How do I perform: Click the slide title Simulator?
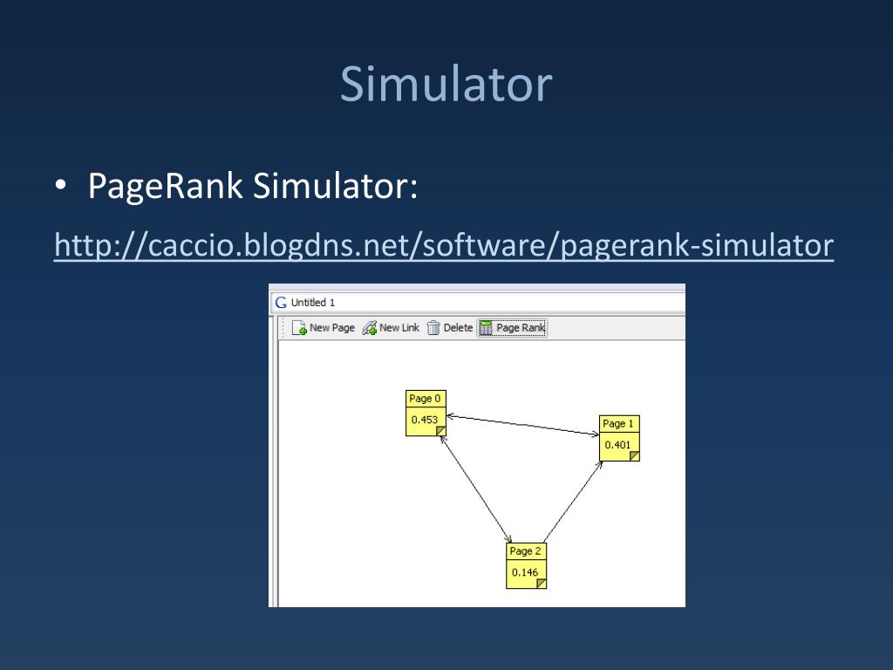(446, 85)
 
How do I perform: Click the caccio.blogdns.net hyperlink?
(444, 245)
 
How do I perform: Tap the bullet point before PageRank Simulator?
(61, 188)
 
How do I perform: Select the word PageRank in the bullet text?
(165, 188)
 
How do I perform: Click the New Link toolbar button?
(391, 328)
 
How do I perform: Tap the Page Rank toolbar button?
(512, 328)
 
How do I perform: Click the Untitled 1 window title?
(312, 303)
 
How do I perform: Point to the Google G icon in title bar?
(281, 303)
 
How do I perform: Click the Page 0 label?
(426, 399)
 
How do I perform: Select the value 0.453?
(425, 420)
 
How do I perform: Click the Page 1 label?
(618, 424)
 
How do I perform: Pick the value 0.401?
(617, 445)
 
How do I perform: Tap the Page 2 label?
(526, 551)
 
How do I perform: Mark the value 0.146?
(525, 573)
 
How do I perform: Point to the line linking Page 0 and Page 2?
(477, 489)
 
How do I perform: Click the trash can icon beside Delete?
(433, 328)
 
